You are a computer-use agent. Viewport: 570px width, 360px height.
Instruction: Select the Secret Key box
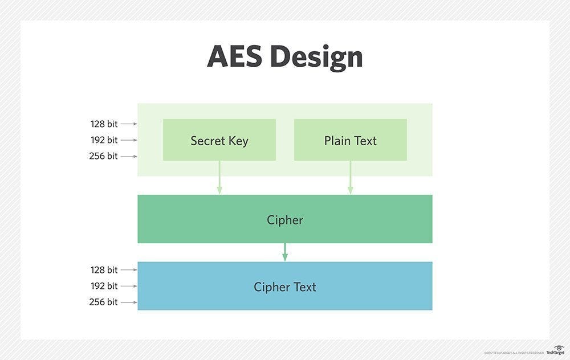(219, 140)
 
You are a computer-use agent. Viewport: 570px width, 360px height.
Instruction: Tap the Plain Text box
(350, 140)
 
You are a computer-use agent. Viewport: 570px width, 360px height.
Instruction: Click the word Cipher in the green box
(284, 220)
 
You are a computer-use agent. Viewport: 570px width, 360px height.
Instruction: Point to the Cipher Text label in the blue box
(284, 287)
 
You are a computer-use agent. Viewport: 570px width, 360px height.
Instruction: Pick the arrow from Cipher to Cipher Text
(284, 252)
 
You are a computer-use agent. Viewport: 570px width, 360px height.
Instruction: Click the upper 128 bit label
(104, 124)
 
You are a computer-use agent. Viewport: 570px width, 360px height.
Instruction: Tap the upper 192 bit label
(104, 140)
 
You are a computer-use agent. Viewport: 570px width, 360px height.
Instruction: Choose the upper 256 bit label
(103, 156)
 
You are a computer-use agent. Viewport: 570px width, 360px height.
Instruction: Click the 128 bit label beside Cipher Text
(104, 270)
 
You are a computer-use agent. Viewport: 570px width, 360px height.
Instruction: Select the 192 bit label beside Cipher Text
(104, 286)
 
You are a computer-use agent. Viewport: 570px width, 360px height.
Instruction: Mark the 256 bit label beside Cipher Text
(103, 302)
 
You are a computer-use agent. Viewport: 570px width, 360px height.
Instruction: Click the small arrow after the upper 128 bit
(129, 124)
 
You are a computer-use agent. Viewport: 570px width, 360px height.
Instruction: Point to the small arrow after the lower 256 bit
(129, 302)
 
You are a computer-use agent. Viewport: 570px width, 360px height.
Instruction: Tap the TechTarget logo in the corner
(556, 350)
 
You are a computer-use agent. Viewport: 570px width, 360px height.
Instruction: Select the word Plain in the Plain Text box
(337, 141)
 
